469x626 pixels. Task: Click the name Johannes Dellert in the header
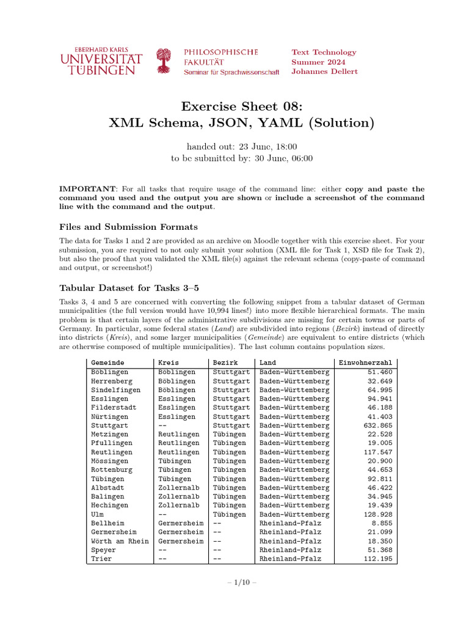[324, 72]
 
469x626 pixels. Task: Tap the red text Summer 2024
[318, 62]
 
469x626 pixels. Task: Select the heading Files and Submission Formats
[129, 227]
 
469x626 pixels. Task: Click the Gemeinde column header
[107, 363]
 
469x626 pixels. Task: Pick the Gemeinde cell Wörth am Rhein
[120, 541]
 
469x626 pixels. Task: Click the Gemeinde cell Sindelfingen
[115, 389]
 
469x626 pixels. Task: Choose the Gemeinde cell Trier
[101, 559]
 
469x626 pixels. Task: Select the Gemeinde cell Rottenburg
[112, 469]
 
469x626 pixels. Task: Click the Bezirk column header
[225, 363]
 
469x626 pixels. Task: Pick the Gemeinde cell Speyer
[103, 550]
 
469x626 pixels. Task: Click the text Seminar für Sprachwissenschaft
[231, 72]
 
